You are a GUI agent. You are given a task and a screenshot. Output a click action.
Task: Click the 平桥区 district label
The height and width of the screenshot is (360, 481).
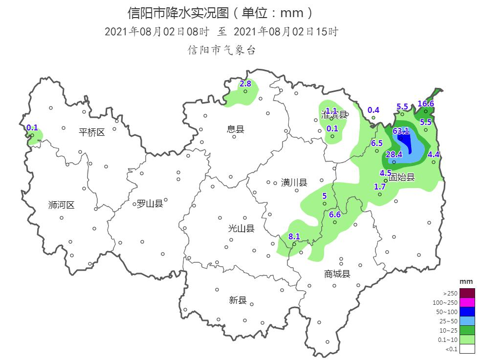[92, 132]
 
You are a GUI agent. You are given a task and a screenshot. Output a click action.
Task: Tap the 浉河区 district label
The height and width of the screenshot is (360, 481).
[62, 205]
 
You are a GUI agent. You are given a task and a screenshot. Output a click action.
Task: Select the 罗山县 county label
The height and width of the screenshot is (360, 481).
[150, 204]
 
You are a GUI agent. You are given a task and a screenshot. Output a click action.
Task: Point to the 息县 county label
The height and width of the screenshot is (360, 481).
[236, 129]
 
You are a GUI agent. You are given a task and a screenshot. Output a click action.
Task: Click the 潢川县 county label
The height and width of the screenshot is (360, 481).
[294, 183]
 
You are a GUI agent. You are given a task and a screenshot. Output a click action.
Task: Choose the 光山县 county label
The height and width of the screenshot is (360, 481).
[241, 229]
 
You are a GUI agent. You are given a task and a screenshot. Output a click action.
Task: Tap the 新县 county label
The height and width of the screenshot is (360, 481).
[238, 300]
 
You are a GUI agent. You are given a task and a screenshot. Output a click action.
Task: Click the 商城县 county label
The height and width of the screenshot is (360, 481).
[337, 274]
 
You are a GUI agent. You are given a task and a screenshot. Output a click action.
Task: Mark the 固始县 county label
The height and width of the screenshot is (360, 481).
[402, 177]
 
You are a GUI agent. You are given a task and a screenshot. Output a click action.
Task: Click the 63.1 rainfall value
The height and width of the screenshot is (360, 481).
[401, 130]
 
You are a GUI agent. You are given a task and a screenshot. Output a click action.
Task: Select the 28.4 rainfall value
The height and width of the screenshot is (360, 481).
[394, 154]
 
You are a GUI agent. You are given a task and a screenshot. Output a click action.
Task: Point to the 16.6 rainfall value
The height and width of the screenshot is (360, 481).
[426, 104]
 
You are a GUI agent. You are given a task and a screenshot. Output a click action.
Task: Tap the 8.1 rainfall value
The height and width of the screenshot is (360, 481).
[294, 236]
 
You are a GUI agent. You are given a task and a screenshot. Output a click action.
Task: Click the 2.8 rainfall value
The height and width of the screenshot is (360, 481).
[245, 84]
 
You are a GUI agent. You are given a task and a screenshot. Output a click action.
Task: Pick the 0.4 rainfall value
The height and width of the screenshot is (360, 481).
[373, 110]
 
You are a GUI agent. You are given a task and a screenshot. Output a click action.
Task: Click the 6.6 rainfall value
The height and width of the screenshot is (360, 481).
[335, 214]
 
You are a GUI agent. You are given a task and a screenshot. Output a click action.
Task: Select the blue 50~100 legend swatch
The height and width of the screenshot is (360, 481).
[467, 312]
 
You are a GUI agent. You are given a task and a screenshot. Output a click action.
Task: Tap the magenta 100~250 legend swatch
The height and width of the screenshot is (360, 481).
[467, 302]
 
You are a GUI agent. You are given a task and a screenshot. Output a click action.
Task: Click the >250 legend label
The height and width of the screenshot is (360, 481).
[450, 294]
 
